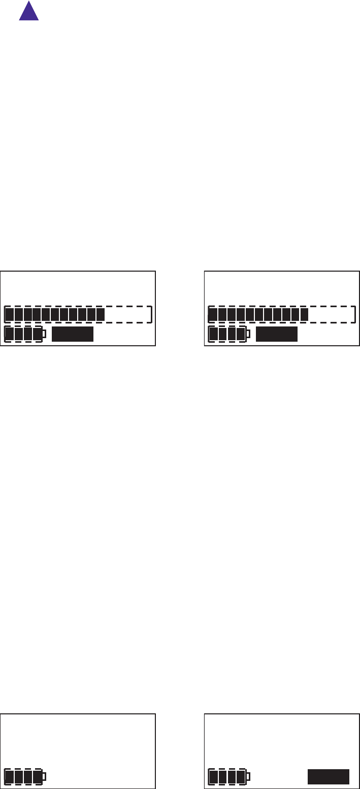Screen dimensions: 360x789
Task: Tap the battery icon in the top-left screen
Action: point(23,334)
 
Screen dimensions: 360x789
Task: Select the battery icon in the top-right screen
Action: point(227,334)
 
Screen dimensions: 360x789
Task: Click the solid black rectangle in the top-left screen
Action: point(73,334)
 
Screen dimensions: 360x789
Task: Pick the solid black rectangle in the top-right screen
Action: point(276,334)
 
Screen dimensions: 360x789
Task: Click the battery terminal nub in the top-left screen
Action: point(44,334)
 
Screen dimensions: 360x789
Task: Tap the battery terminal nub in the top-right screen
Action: point(248,334)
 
